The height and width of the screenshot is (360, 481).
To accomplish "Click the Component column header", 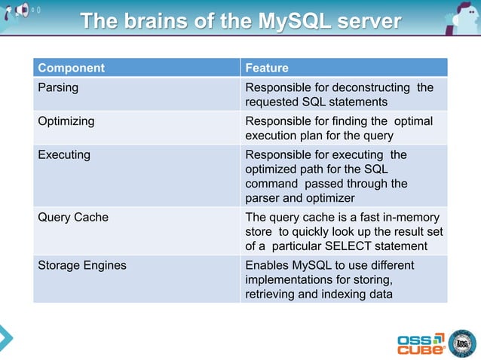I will pyautogui.click(x=72, y=68).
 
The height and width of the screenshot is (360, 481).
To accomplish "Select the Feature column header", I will pyautogui.click(x=267, y=68).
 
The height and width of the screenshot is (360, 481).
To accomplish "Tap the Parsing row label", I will pyautogui.click(x=58, y=87).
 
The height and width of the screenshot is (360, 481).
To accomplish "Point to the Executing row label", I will pyautogui.click(x=64, y=154).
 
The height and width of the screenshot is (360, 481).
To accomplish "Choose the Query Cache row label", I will pyautogui.click(x=73, y=217).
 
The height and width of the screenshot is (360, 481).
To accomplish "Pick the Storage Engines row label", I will pyautogui.click(x=82, y=265).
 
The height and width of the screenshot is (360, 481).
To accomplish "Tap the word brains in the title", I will pyautogui.click(x=161, y=20).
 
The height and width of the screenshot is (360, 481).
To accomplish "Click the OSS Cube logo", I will pyautogui.click(x=421, y=343).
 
